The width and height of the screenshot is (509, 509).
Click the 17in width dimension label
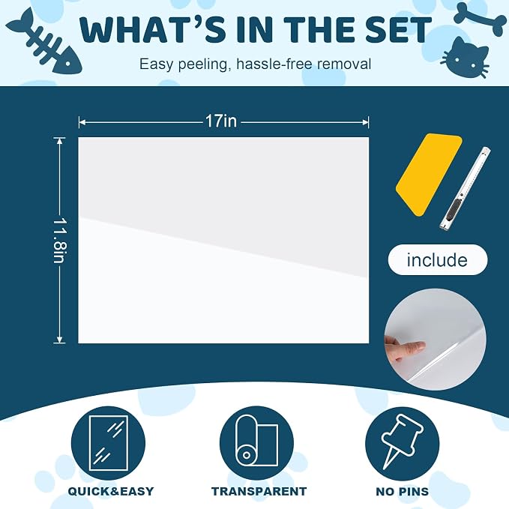pos(221,121)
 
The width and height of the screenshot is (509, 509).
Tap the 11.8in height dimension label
pos(60,241)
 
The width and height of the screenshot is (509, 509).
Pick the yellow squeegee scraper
pos(429,175)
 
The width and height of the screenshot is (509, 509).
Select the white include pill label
pos(438,259)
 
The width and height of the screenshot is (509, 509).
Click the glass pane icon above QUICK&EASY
pos(108,443)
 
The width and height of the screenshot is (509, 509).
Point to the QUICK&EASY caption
pos(111,491)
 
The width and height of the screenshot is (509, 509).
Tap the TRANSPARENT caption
pos(259,491)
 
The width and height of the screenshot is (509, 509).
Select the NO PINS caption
pos(403,492)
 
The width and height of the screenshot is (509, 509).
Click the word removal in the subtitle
pos(344,64)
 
